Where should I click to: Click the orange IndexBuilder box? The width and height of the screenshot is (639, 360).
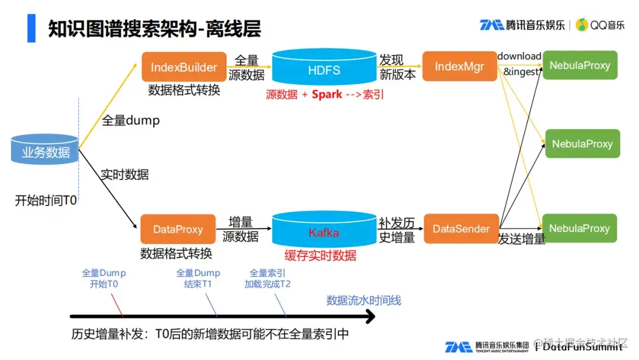pyautogui.click(x=184, y=67)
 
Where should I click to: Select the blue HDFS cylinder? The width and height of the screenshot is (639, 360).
pyautogui.click(x=324, y=69)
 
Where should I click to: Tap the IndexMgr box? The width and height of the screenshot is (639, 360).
pyautogui.click(x=459, y=66)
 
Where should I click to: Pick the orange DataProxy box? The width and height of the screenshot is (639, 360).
pyautogui.click(x=177, y=229)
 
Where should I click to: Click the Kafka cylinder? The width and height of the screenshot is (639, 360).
pyautogui.click(x=324, y=232)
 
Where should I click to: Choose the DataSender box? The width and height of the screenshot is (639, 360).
pyautogui.click(x=461, y=229)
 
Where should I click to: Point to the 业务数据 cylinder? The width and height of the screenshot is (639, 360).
pyautogui.click(x=46, y=150)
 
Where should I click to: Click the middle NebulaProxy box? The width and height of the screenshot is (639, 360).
pyautogui.click(x=582, y=144)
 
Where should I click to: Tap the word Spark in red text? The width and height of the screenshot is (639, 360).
pyautogui.click(x=327, y=94)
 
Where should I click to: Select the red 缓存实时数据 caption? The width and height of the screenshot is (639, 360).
pyautogui.click(x=321, y=255)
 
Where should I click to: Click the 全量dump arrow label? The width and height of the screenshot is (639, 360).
pyautogui.click(x=131, y=120)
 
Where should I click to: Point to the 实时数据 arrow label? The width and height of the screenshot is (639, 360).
pyautogui.click(x=124, y=175)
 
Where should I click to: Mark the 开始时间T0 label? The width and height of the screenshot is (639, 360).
pyautogui.click(x=46, y=201)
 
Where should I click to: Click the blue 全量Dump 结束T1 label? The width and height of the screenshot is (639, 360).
pyautogui.click(x=198, y=278)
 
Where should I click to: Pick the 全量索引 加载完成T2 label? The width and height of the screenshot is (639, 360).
pyautogui.click(x=267, y=278)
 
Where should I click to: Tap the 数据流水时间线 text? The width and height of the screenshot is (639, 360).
pyautogui.click(x=364, y=301)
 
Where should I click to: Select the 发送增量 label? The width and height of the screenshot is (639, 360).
pyautogui.click(x=521, y=240)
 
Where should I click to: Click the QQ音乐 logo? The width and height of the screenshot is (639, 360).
pyautogui.click(x=600, y=25)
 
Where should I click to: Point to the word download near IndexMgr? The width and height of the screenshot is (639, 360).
pyautogui.click(x=519, y=56)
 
